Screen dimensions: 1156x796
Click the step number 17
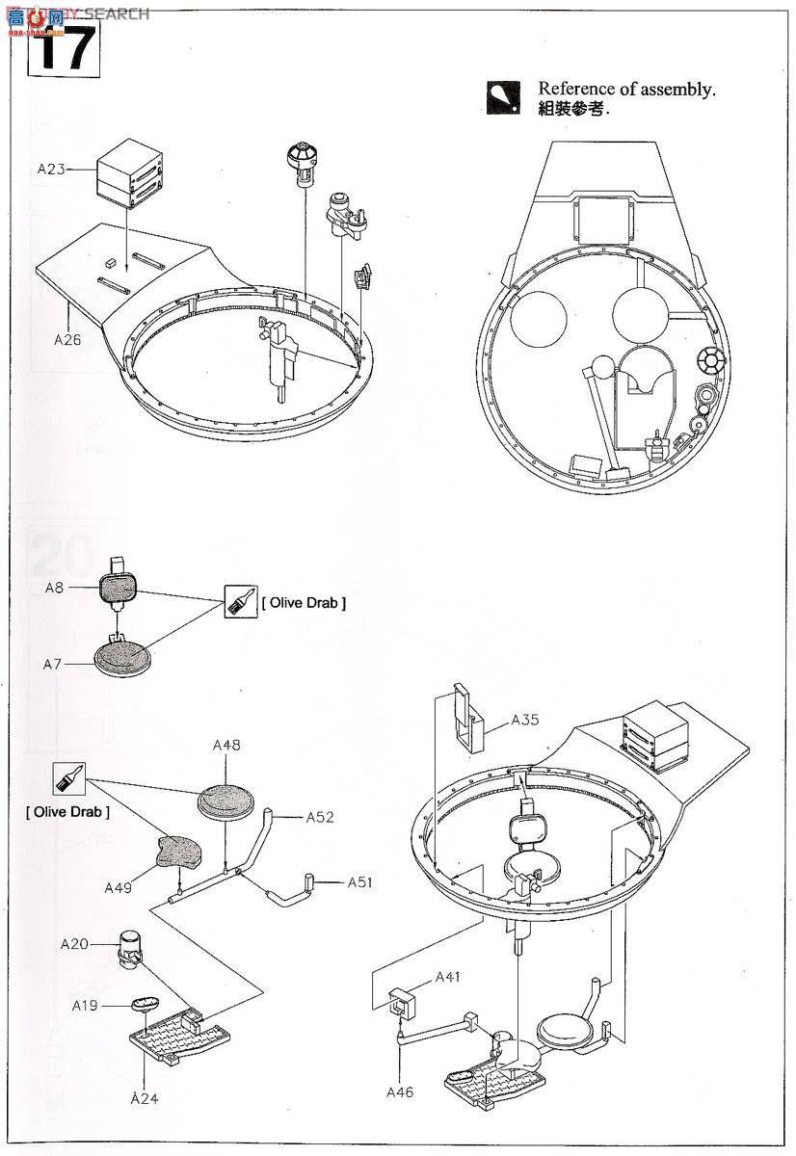[x=66, y=49]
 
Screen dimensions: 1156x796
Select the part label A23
[x=51, y=169]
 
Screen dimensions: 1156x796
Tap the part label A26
[x=68, y=339]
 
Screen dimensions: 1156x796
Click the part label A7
[x=55, y=664]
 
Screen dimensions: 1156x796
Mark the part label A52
[x=319, y=817]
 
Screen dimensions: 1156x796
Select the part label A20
[x=73, y=944]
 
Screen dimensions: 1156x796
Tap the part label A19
[x=85, y=1005]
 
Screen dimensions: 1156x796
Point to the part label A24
[x=144, y=1097]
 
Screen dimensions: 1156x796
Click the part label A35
[x=526, y=719]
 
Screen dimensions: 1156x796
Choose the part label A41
[x=448, y=977]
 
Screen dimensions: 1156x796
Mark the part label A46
[x=400, y=1091]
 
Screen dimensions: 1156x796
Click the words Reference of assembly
[x=626, y=90]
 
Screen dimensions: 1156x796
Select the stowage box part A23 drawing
[x=127, y=172]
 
